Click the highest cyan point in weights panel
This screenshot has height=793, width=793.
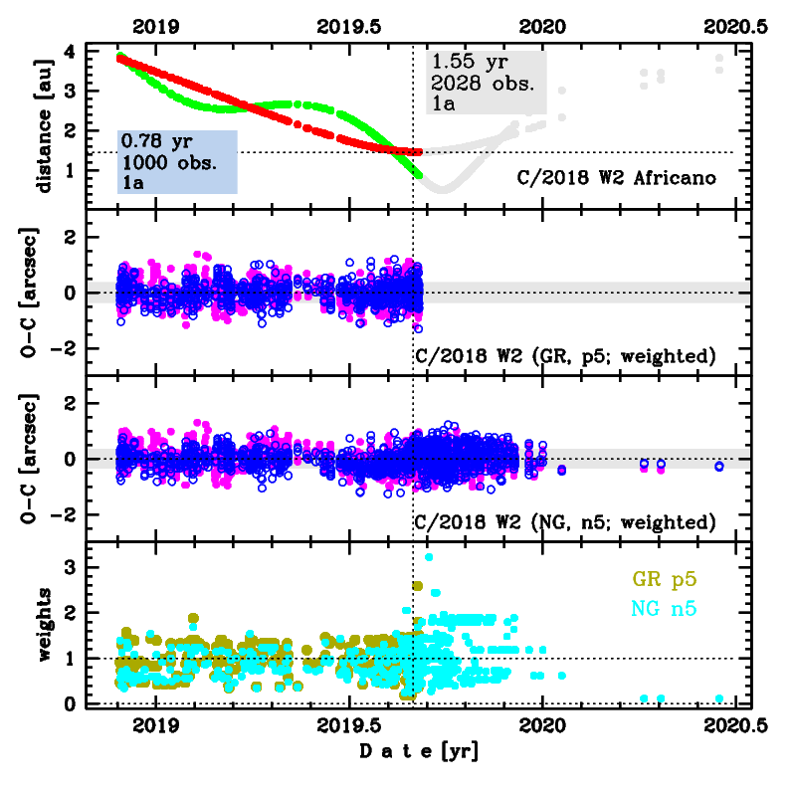(429, 557)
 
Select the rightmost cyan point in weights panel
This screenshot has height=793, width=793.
(719, 697)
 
